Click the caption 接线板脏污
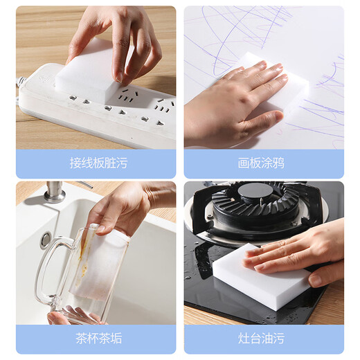tap(98, 163)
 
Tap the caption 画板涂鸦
tap(261, 163)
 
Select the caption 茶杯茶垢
tap(98, 339)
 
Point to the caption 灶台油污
tap(261, 339)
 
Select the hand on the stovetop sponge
tap(305, 249)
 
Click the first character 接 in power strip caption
tap(75, 163)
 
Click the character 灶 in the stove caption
tap(244, 339)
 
